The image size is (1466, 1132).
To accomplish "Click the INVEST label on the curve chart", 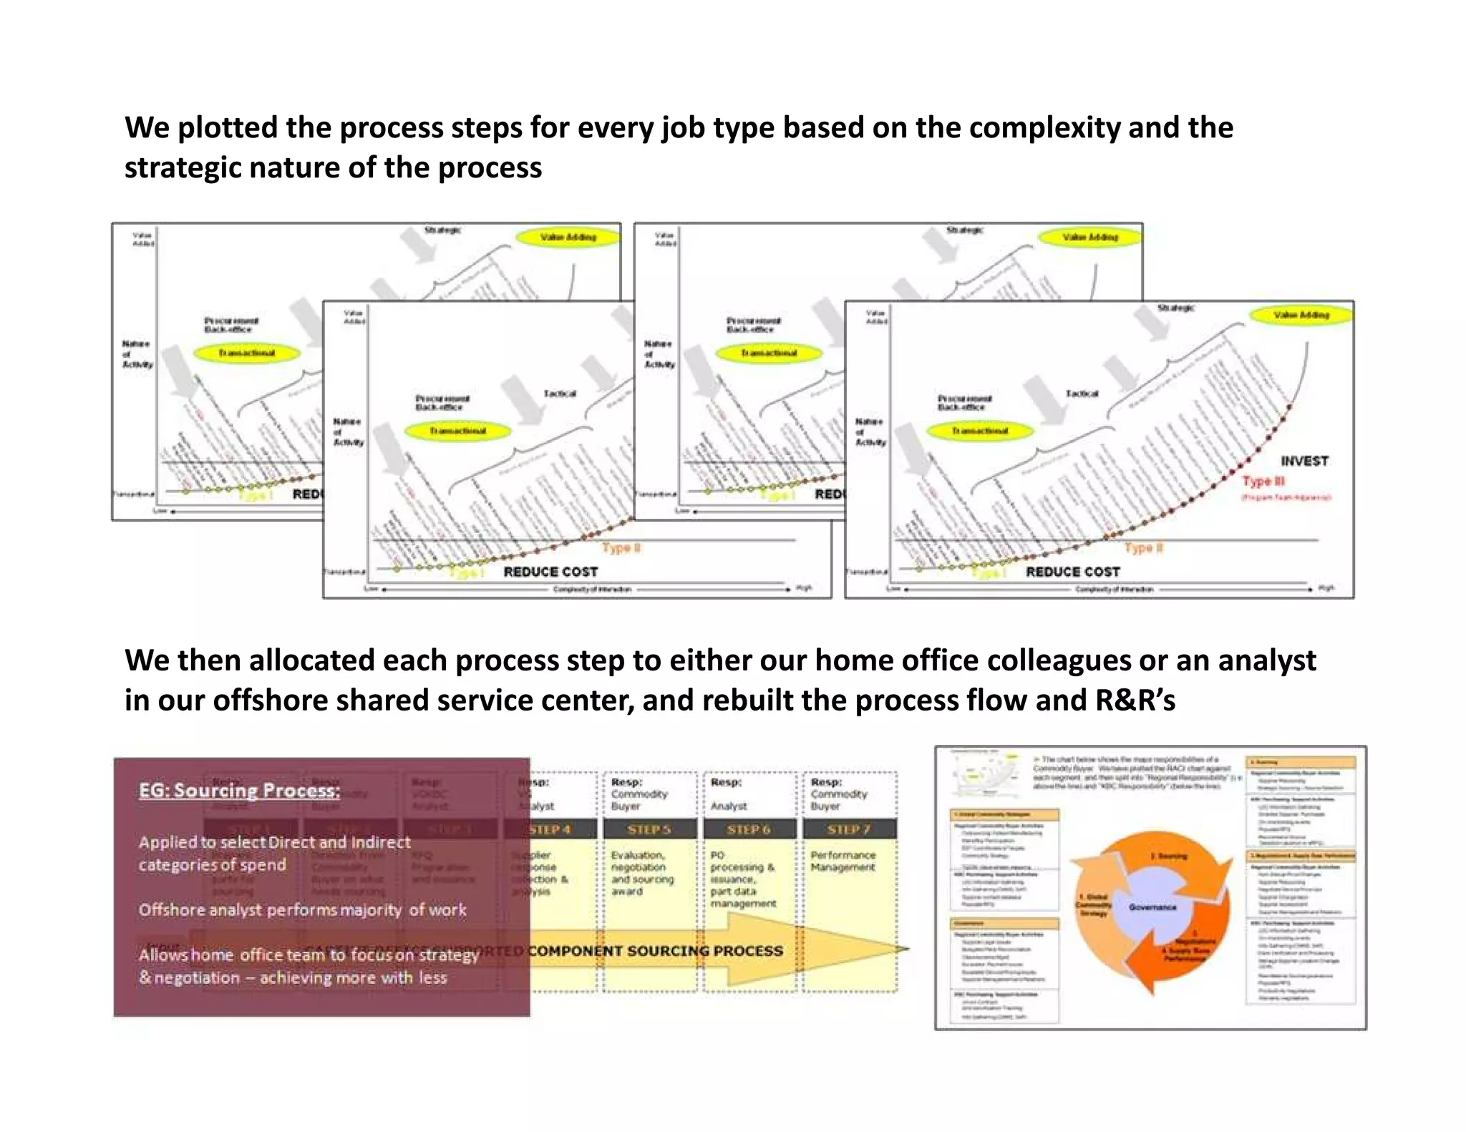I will [x=1304, y=462].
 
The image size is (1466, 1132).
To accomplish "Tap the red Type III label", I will [x=1263, y=481].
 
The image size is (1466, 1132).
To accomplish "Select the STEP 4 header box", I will [x=550, y=829].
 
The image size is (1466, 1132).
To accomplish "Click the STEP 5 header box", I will [x=649, y=829].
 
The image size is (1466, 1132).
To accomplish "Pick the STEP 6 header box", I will [x=749, y=829].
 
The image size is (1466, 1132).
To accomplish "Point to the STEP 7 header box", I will [x=849, y=829].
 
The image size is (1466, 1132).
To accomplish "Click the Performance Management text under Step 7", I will [x=843, y=862].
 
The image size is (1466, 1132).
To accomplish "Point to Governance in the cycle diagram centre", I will [x=1152, y=907].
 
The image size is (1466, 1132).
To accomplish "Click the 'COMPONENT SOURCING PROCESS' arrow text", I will [x=656, y=951].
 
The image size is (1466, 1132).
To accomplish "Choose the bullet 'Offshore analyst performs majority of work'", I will [x=302, y=910].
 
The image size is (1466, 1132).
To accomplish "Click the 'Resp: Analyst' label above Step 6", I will [x=729, y=794].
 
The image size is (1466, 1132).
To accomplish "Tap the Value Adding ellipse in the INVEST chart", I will [x=1301, y=315].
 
